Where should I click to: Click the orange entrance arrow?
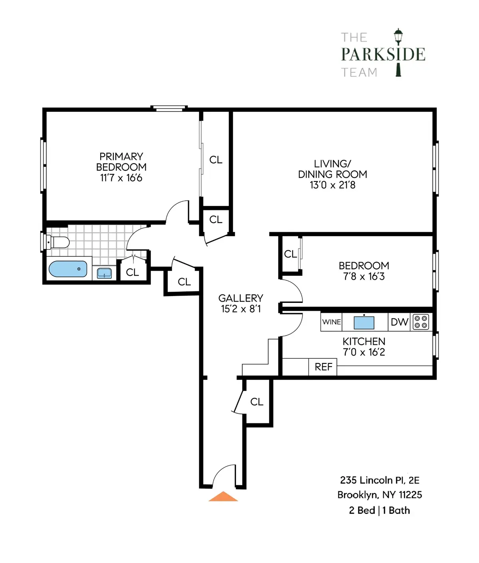click(224, 497)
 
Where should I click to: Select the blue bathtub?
click(68, 269)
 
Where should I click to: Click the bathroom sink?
click(105, 273)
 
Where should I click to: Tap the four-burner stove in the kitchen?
click(421, 322)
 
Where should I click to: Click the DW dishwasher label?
click(399, 322)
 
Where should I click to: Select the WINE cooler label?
click(331, 322)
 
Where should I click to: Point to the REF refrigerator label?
click(323, 367)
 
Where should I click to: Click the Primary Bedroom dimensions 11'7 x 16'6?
click(121, 178)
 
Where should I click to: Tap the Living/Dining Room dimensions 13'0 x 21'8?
click(333, 185)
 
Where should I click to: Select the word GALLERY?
click(241, 298)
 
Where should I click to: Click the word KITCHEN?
click(364, 342)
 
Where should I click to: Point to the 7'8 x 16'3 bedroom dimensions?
click(364, 277)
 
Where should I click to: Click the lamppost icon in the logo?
click(398, 52)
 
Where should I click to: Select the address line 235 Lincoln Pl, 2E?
click(380, 480)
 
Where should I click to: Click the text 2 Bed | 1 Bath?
click(379, 510)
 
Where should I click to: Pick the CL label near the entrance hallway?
click(257, 402)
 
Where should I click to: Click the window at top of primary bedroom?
click(169, 108)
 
